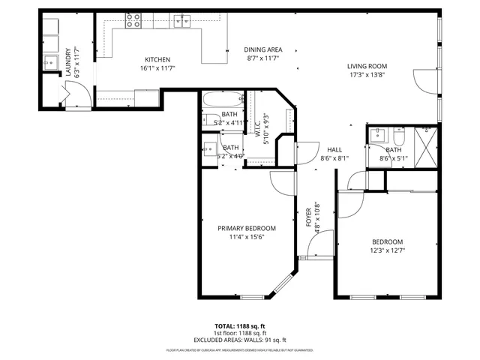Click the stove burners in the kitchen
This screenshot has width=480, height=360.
click(x=133, y=20)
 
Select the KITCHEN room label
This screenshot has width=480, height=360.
click(x=157, y=60)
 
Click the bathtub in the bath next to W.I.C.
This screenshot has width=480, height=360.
click(x=223, y=99)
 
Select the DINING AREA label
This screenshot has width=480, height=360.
click(x=262, y=50)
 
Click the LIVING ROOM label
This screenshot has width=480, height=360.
click(x=367, y=66)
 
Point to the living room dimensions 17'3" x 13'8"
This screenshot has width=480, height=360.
click(x=367, y=75)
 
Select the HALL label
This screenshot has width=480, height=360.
click(x=334, y=149)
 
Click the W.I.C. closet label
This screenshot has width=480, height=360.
click(x=256, y=124)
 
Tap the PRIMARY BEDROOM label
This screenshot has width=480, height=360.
click(x=246, y=228)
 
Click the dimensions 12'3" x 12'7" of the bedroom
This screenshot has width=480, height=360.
click(x=388, y=250)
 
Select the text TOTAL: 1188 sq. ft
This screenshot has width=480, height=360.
click(x=240, y=326)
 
